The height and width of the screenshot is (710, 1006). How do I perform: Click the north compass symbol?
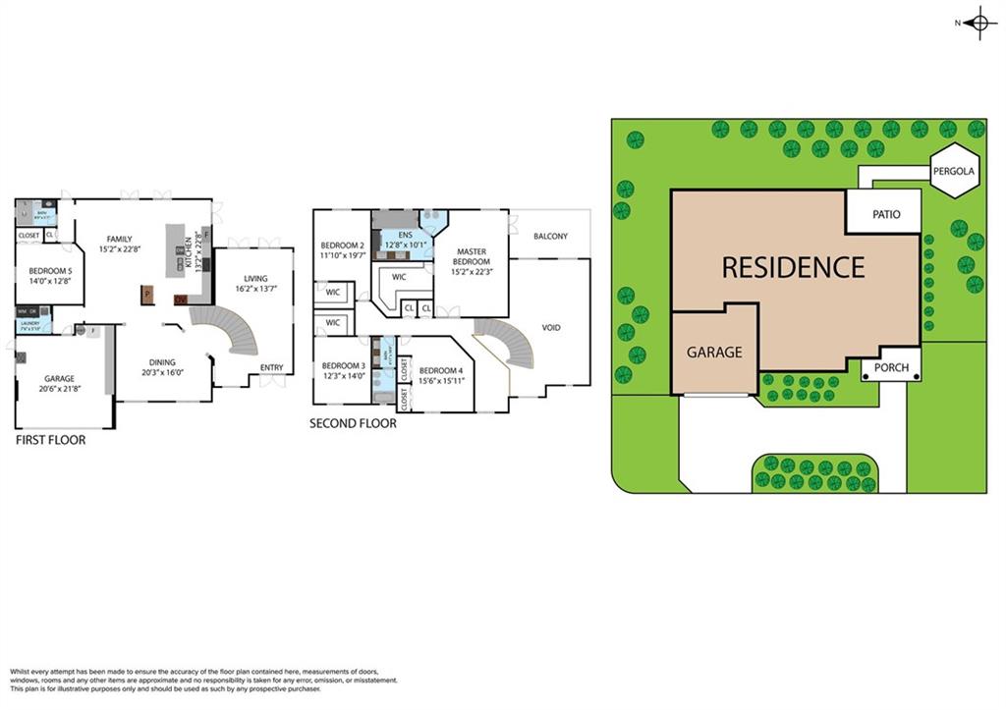978,23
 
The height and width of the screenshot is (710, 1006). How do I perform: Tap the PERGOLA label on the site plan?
954,171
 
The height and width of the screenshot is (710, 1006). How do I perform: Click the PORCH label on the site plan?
892,369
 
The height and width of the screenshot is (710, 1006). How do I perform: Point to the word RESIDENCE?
794,267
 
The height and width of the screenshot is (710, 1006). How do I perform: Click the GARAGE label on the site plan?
714,352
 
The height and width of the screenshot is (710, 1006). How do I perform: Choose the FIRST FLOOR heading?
50,440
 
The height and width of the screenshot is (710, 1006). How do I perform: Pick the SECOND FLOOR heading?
353,423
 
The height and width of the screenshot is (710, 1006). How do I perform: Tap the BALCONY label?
550,237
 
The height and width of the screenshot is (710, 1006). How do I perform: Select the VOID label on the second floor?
551,327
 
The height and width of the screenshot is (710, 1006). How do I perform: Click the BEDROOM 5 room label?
49,271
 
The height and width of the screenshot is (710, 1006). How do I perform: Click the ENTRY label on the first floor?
271,368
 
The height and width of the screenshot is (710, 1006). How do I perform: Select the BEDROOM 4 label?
440,370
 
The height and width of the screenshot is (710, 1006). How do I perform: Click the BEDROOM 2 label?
342,246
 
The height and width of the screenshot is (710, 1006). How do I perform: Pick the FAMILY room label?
120,239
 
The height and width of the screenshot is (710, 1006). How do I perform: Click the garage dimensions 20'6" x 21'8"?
59,388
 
